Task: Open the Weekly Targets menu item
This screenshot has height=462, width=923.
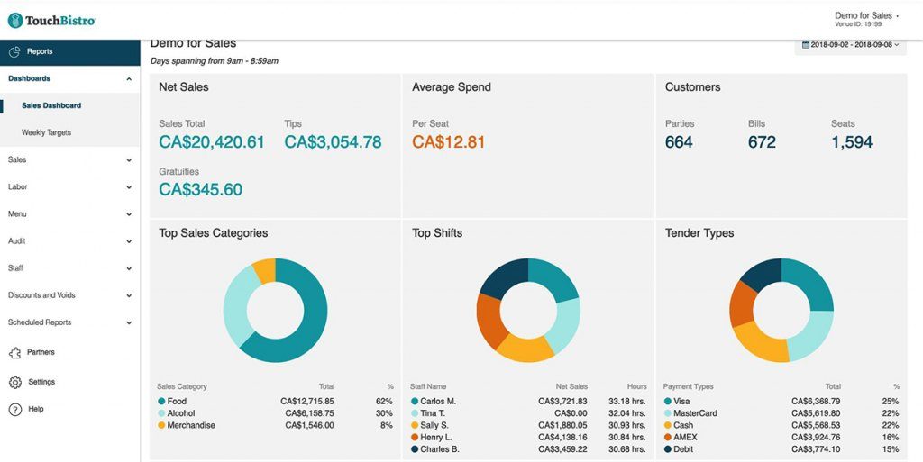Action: tap(46, 132)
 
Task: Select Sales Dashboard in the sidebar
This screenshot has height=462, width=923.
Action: tap(51, 105)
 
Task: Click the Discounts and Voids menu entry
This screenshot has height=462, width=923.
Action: tap(41, 295)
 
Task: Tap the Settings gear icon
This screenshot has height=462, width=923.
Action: tap(14, 382)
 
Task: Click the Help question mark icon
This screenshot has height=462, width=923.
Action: tap(14, 409)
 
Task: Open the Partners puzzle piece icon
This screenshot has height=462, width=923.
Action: tap(14, 352)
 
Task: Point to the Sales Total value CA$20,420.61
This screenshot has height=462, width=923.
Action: tap(212, 142)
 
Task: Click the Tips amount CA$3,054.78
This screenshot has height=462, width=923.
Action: tap(333, 142)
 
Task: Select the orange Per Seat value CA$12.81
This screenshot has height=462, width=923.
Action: tap(448, 142)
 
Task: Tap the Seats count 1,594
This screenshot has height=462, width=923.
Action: tap(852, 142)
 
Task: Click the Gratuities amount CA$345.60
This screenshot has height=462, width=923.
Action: tap(200, 189)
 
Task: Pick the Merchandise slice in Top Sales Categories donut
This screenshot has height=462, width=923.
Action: tap(264, 269)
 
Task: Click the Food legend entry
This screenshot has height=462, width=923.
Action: tap(177, 402)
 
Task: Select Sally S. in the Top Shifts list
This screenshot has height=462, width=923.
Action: tap(435, 425)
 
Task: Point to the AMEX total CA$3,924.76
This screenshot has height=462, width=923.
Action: tap(815, 437)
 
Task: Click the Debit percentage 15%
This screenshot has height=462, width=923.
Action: tap(891, 448)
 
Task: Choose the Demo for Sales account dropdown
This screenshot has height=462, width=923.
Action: tap(866, 16)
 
